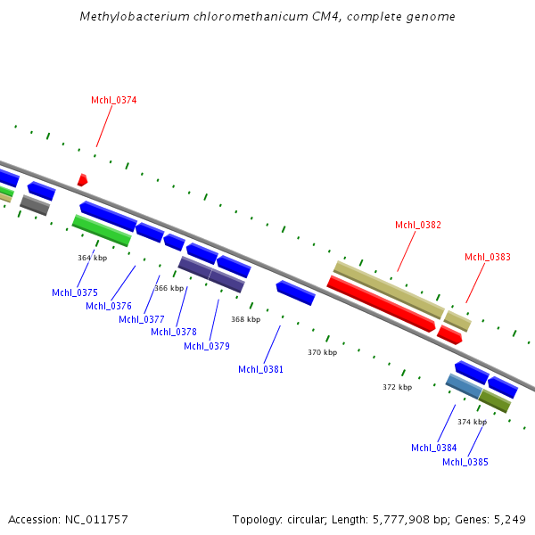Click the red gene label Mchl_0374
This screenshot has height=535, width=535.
[113, 100]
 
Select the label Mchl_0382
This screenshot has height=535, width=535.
[417, 225]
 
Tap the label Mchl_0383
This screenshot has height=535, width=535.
[487, 257]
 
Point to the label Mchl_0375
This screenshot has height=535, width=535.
[74, 292]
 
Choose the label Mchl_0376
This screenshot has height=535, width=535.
[108, 306]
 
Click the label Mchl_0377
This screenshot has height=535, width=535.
[141, 319]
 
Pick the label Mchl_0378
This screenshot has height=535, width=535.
[173, 332]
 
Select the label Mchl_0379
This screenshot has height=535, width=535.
[206, 346]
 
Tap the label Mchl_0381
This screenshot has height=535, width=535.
[260, 369]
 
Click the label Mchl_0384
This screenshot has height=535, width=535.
[433, 448]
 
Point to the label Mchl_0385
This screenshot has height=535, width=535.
[465, 462]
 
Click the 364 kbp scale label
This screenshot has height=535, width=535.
[92, 258]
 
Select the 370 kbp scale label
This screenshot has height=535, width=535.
[322, 352]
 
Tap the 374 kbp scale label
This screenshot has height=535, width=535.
[472, 422]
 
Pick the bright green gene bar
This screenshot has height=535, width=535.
[102, 230]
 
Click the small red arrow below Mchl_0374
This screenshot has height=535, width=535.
[82, 180]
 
